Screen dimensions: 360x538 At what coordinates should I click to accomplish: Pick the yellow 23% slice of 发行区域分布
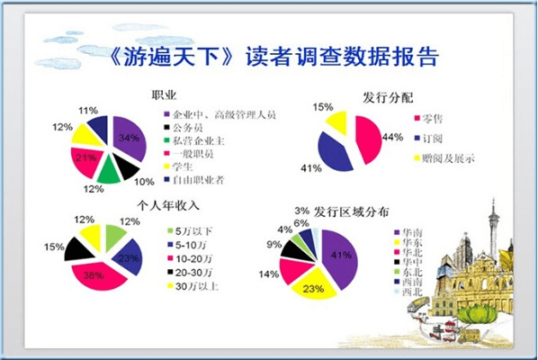[310, 285]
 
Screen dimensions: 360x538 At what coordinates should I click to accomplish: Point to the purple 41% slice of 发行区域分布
[337, 256]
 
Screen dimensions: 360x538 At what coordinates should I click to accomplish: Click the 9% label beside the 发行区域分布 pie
[270, 244]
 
